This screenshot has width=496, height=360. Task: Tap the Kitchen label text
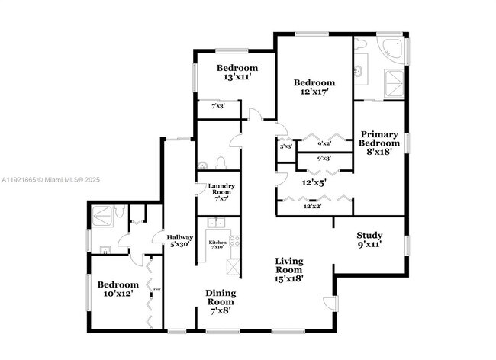pyautogui.click(x=217, y=243)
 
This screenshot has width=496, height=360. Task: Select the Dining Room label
pyautogui.click(x=220, y=301)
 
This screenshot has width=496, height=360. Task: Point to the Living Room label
pyautogui.click(x=289, y=269)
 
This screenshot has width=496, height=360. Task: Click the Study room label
pyautogui.click(x=369, y=239)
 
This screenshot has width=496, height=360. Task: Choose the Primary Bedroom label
pyautogui.click(x=379, y=143)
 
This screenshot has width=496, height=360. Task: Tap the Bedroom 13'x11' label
pyautogui.click(x=234, y=72)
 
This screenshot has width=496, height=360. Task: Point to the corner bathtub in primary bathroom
pyautogui.click(x=391, y=51)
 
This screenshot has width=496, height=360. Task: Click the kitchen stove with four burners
pyautogui.click(x=235, y=242)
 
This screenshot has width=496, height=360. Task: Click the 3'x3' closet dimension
pyautogui.click(x=285, y=146)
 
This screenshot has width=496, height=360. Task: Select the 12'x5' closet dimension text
pyautogui.click(x=313, y=183)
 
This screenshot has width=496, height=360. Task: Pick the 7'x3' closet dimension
pyautogui.click(x=218, y=107)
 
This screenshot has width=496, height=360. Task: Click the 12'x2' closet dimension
pyautogui.click(x=313, y=206)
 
